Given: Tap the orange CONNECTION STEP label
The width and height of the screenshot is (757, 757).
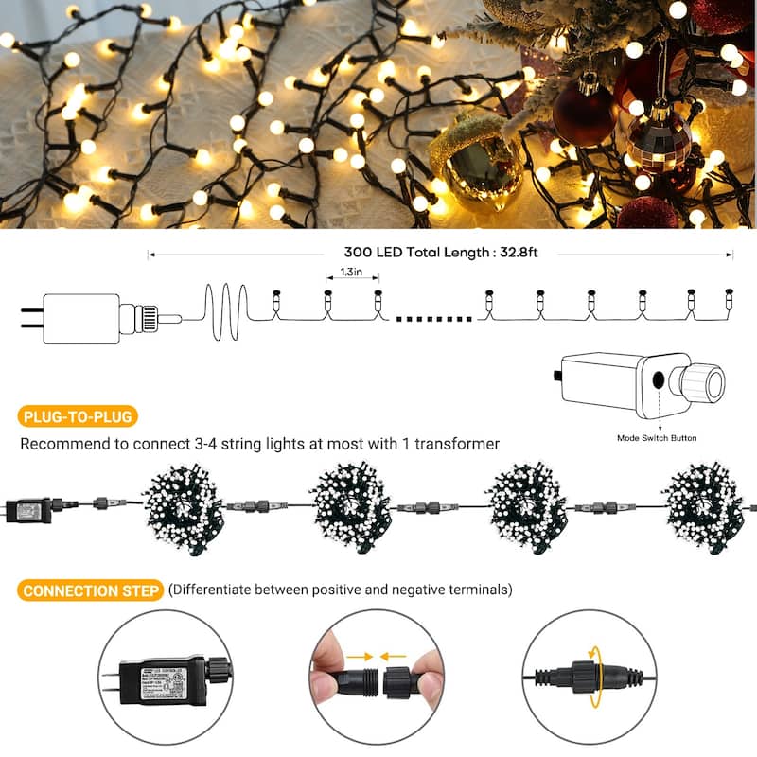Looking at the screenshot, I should (90, 591).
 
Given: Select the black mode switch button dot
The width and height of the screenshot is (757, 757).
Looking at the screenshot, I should (657, 380).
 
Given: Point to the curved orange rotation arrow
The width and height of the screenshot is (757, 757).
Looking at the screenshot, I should (594, 676).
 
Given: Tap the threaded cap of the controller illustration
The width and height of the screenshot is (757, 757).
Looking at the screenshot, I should (701, 383).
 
